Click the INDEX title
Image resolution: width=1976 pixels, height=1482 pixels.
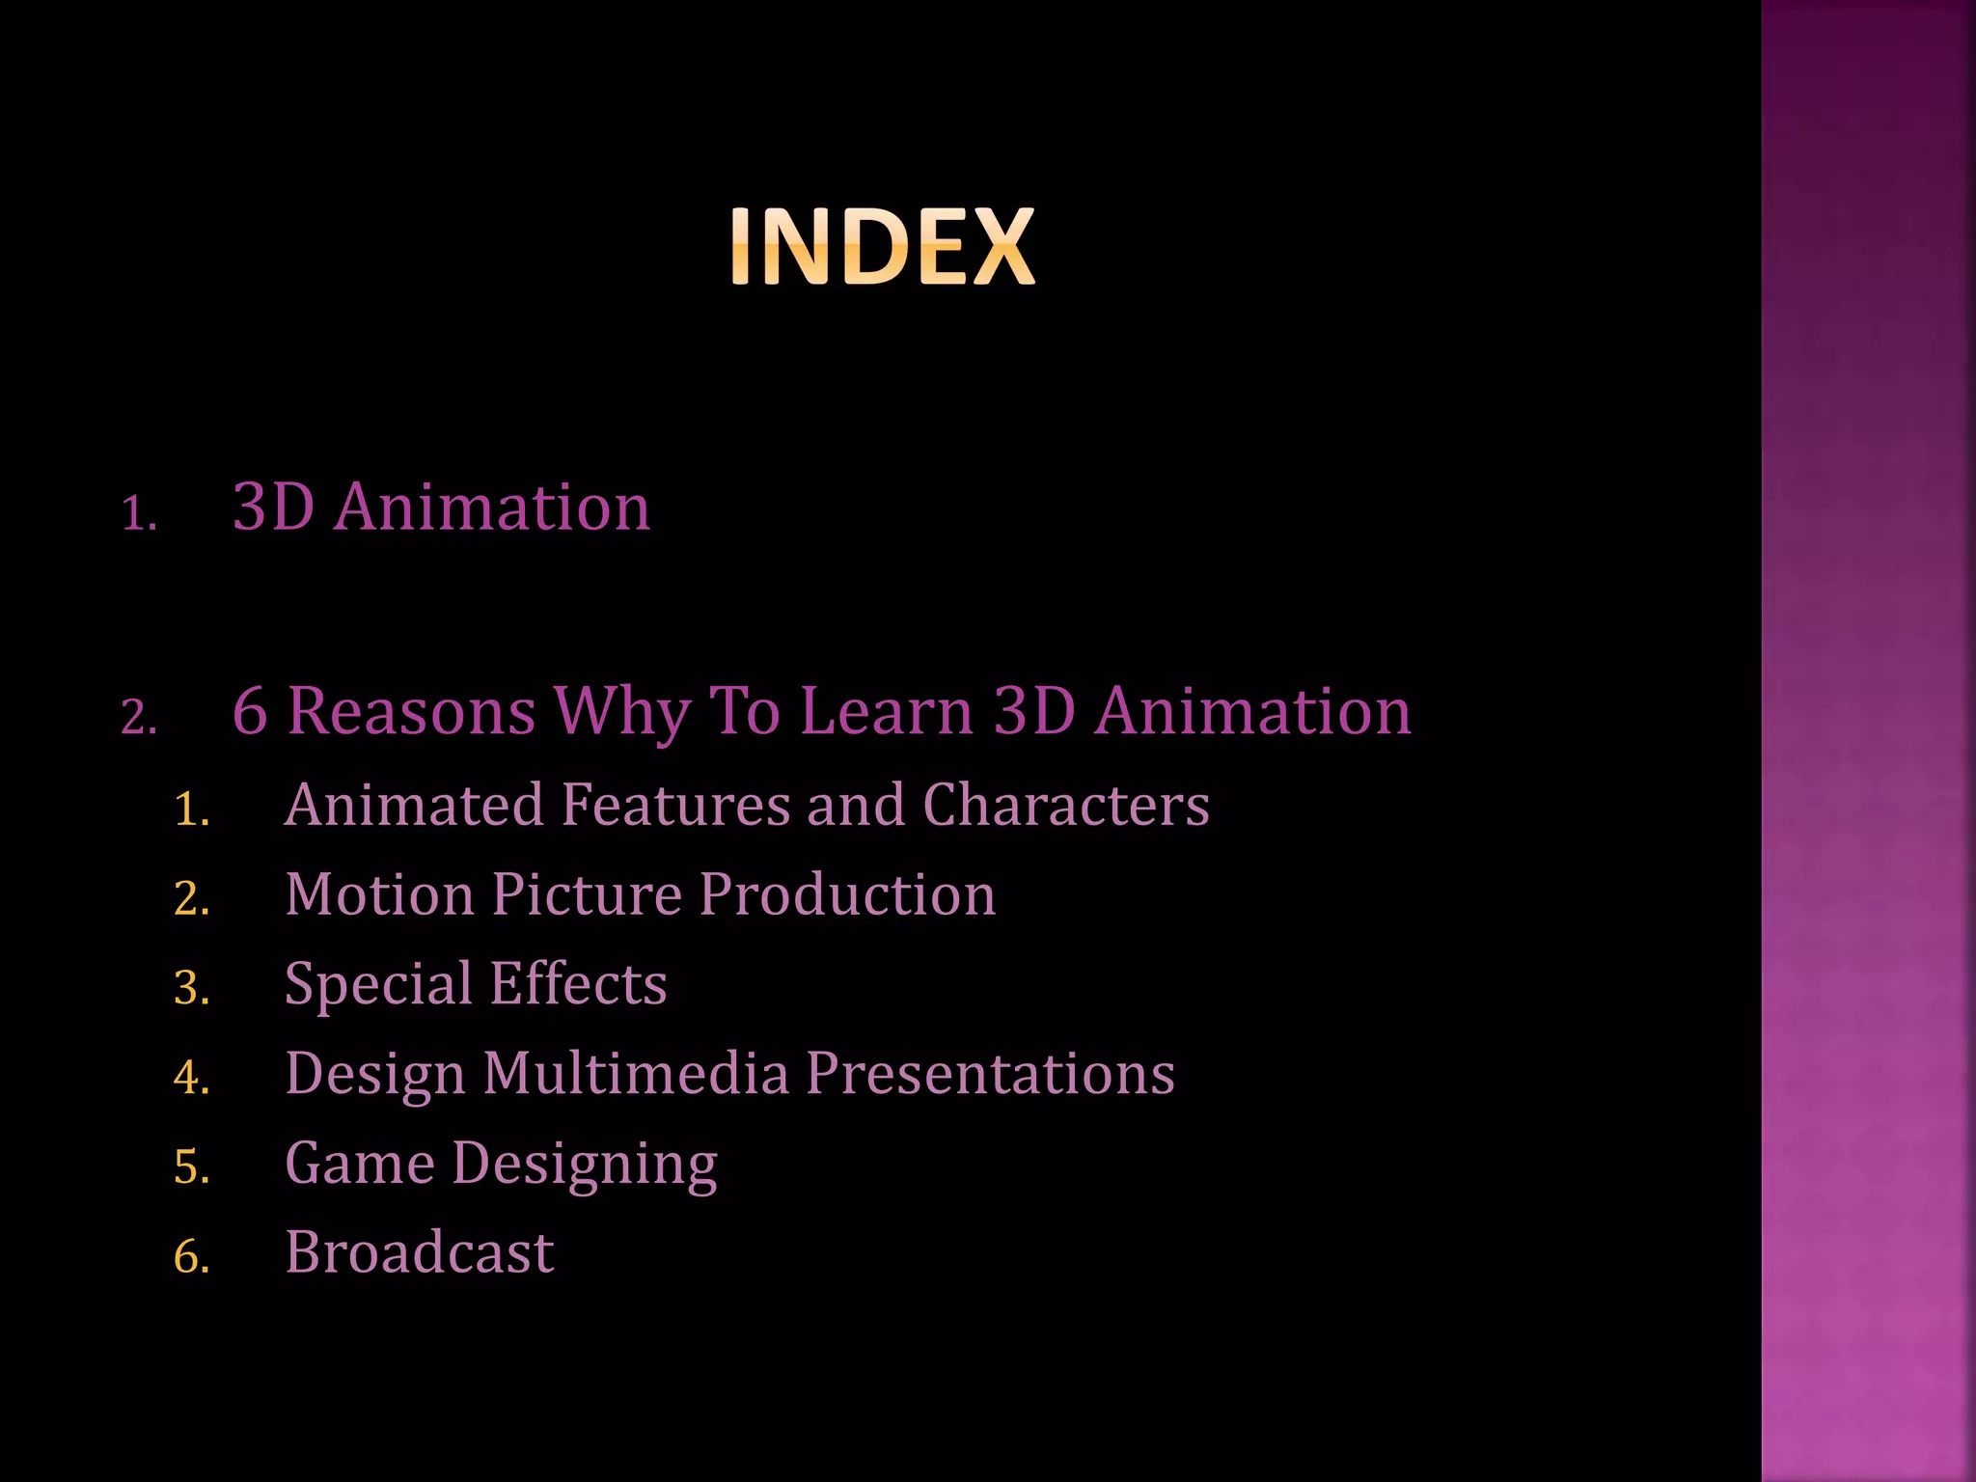pyautogui.click(x=882, y=247)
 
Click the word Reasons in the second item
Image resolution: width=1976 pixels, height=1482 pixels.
pyautogui.click(x=412, y=712)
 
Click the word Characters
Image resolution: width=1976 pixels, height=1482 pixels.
pyautogui.click(x=1065, y=805)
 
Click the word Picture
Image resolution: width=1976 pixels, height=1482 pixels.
pyautogui.click(x=587, y=894)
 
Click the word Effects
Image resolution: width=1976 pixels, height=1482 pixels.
pyautogui.click(x=578, y=983)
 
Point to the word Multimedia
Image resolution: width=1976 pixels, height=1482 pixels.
pyautogui.click(x=636, y=1073)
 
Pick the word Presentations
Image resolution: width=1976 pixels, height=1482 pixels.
pyautogui.click(x=990, y=1073)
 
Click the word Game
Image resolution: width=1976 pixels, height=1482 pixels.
pyautogui.click(x=360, y=1163)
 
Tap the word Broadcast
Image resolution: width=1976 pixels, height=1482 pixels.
pyautogui.click(x=420, y=1252)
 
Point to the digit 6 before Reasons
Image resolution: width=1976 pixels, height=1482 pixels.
pyautogui.click(x=250, y=712)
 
